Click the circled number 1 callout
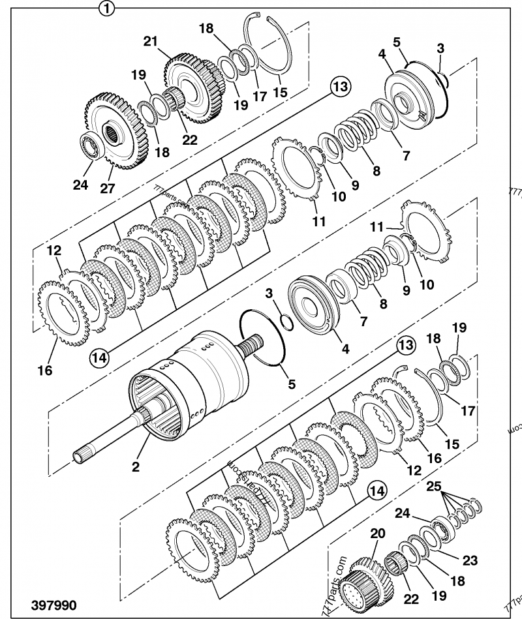point(106,8)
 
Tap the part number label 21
point(151,40)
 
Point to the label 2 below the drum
point(135,467)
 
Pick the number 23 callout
point(470,560)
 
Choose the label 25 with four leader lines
point(434,486)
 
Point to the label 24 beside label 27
point(80,185)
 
